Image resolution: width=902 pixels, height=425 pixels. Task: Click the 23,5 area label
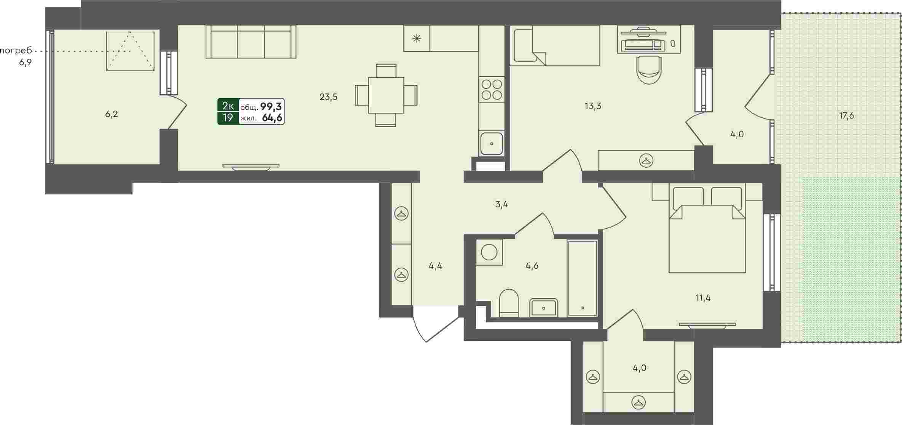point(329,97)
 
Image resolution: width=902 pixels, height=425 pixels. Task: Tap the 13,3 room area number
point(593,106)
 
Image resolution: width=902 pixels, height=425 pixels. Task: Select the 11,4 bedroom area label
point(703,298)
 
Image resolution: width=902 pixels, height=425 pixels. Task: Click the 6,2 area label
point(112,114)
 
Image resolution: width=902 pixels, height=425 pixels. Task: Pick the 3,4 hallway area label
point(502,205)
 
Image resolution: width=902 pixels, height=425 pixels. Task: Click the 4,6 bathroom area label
point(532,266)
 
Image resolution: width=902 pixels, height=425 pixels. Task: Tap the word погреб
point(16,51)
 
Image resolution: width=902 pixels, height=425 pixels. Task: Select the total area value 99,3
point(271,106)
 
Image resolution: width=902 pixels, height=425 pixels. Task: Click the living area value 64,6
point(272,118)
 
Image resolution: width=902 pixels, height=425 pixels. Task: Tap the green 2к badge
point(228,106)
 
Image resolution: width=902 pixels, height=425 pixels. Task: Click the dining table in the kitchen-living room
point(386,95)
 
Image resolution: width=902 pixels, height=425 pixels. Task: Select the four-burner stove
point(492,90)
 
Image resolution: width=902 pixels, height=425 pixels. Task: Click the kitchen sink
point(492,144)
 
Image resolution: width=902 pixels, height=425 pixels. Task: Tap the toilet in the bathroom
point(509,303)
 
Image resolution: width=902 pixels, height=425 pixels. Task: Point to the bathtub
point(582,278)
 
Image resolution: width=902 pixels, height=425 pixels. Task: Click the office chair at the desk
point(649,70)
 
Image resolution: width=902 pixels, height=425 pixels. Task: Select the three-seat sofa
point(251,42)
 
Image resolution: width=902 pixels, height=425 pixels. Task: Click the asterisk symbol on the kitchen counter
point(417,38)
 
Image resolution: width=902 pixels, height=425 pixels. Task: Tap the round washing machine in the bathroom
point(489,252)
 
